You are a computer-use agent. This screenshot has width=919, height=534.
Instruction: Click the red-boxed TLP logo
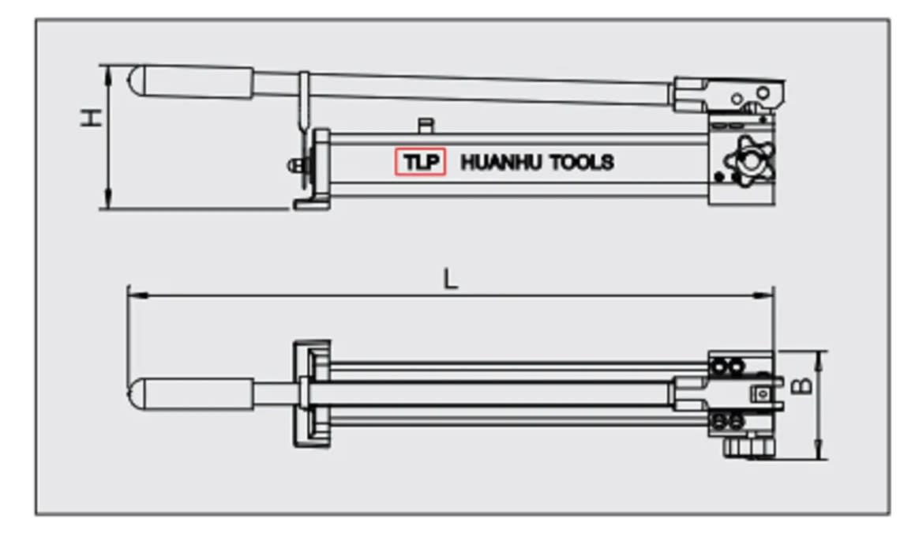[420, 162]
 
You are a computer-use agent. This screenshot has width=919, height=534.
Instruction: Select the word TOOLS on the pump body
[582, 163]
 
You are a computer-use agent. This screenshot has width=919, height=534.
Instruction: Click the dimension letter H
[92, 118]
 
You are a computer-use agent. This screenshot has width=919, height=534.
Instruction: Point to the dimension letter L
[450, 279]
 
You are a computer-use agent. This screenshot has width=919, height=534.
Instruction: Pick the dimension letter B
[802, 385]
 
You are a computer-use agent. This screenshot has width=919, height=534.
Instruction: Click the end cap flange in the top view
[312, 393]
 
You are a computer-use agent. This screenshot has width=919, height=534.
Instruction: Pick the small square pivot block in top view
[762, 393]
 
